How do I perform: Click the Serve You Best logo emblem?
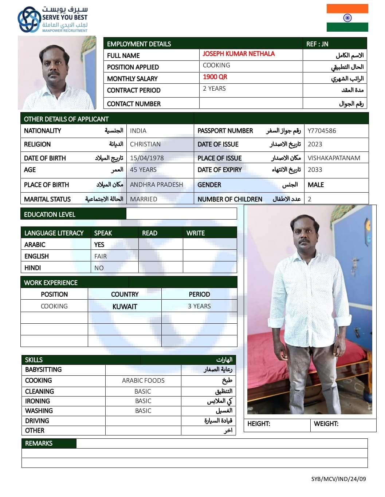[29, 20]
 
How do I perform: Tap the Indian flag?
[347, 18]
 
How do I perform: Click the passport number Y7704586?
[322, 131]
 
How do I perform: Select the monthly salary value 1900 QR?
[215, 77]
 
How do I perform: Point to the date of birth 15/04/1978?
[147, 158]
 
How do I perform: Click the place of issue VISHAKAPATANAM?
[334, 158]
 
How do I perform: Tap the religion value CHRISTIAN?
[145, 144]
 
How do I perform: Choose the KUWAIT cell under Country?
[125, 307]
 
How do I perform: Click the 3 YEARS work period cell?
[199, 306]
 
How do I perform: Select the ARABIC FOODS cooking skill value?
[143, 380]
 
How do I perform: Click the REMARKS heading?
[39, 443]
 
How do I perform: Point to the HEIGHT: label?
[259, 424]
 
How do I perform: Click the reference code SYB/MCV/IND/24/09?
[338, 479]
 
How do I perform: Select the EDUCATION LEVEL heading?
[50, 214]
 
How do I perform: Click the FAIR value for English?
[101, 256]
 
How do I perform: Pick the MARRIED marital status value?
[144, 199]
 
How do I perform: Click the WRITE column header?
[196, 233]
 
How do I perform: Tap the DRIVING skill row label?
[37, 421]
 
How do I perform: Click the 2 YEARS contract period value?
[214, 88]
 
